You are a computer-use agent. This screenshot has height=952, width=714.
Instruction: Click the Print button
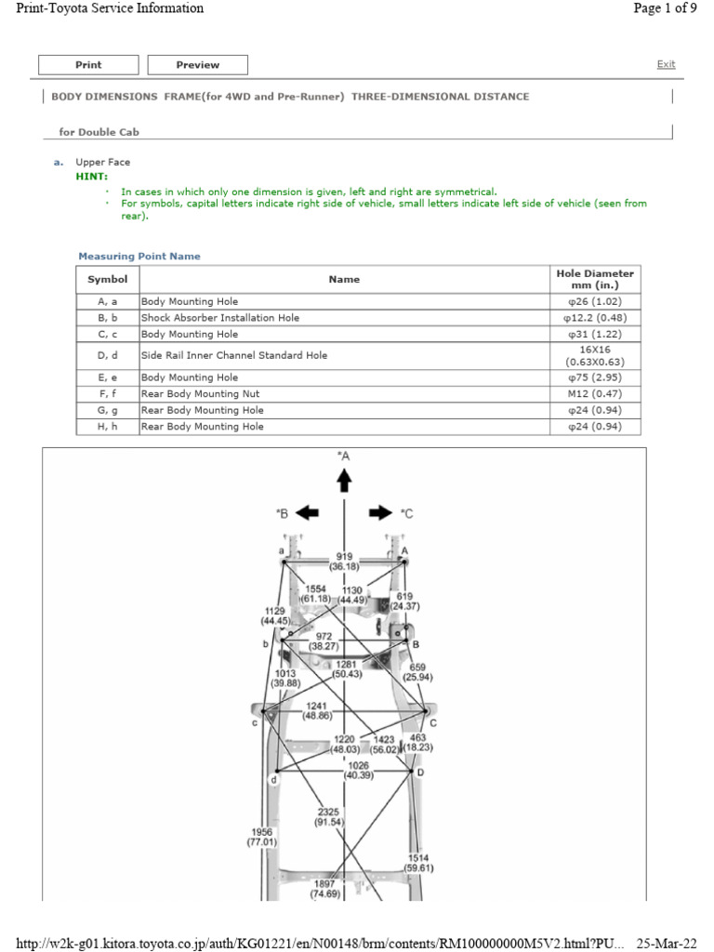pyautogui.click(x=88, y=65)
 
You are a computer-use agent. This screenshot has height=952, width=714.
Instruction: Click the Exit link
pyautogui.click(x=666, y=64)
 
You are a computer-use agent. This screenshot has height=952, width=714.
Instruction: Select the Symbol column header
pyautogui.click(x=107, y=279)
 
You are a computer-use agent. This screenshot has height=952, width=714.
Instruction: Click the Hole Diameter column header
pyautogui.click(x=594, y=279)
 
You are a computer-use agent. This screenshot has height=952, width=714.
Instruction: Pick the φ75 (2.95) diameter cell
pyautogui.click(x=594, y=378)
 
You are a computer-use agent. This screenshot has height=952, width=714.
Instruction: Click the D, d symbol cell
pyautogui.click(x=107, y=355)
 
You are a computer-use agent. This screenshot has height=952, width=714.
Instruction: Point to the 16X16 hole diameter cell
pyautogui.click(x=594, y=355)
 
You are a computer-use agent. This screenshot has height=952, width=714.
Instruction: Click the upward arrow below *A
pyautogui.click(x=344, y=479)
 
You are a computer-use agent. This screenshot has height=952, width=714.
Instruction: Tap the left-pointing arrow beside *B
pyautogui.click(x=307, y=513)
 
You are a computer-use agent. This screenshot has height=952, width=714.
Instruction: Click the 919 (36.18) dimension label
pyautogui.click(x=345, y=561)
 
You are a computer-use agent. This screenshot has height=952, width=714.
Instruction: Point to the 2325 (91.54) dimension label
pyautogui.click(x=329, y=817)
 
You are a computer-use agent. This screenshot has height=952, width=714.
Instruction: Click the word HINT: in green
pyautogui.click(x=92, y=176)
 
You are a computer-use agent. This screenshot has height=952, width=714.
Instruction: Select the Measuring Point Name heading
pyautogui.click(x=139, y=257)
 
